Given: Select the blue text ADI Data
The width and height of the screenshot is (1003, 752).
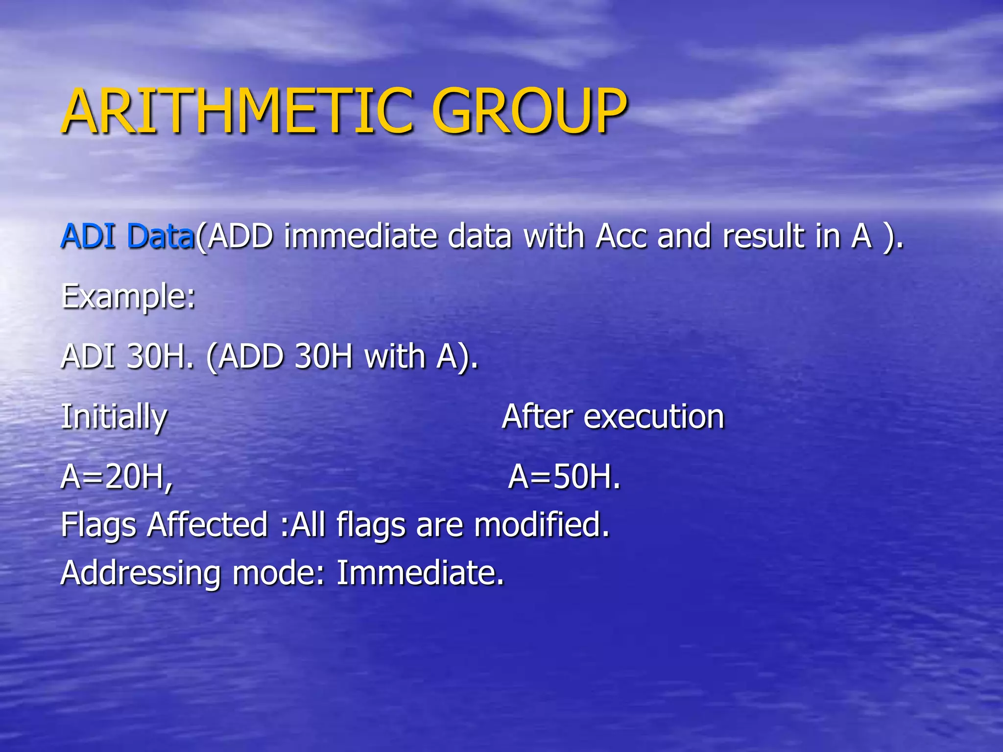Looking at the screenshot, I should pos(127,236).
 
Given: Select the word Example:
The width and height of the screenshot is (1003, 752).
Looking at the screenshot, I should pos(128,297).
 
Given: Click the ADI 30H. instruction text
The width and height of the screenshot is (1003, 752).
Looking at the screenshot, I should pos(127,356).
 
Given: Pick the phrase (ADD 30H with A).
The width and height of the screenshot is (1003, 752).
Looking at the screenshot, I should pos(342,356).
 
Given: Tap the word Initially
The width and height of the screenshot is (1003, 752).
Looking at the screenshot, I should pos(114,417).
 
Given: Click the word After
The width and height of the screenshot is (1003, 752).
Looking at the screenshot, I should pos(537,417).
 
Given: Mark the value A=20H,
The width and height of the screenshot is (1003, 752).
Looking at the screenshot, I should pos(117,476).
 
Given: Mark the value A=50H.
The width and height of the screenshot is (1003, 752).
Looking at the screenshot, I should pos(564,476).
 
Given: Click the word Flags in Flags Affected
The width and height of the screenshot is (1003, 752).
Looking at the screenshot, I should pos(98,525).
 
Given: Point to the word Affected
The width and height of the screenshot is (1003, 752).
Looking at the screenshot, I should pos(208,525).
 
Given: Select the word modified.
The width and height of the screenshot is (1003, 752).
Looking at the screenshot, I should pos(542,525).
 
